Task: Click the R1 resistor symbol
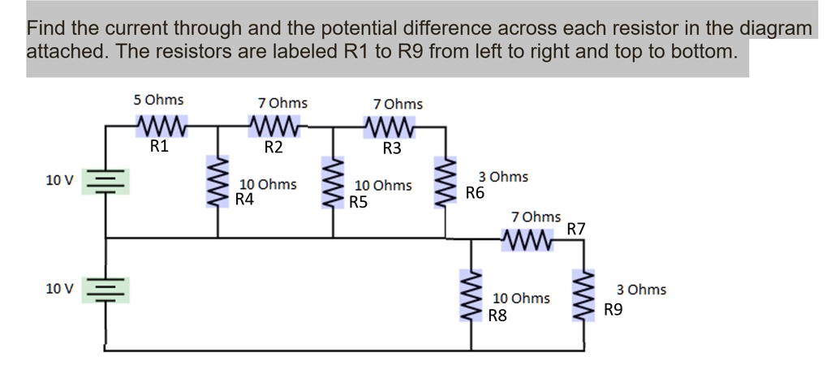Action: [x=161, y=127]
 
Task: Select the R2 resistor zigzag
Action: [x=276, y=127]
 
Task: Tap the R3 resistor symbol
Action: [x=391, y=127]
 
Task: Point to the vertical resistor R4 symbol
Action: [x=217, y=183]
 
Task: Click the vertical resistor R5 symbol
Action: [x=332, y=183]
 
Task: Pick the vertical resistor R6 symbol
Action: [x=446, y=183]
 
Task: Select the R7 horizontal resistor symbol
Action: [x=528, y=240]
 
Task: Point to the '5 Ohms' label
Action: [x=159, y=100]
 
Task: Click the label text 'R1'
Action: [x=160, y=147]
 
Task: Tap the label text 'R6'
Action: [x=475, y=193]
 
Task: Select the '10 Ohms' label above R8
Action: [x=522, y=298]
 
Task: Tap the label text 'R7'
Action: [x=576, y=229]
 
